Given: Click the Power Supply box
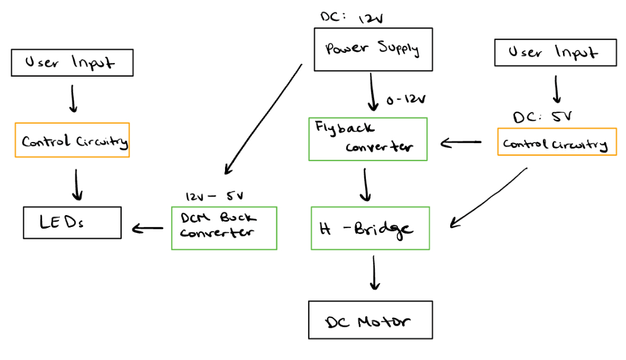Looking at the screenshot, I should point(372,49).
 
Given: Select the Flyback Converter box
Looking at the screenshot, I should point(368,139).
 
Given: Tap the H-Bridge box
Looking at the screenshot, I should point(370,228).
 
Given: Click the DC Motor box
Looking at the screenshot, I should point(370,320).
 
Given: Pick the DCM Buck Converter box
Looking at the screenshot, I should point(224,228).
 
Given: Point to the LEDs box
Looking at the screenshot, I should point(72,223).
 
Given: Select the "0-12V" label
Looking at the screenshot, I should point(406,100).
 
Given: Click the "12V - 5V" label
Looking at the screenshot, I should point(214,196).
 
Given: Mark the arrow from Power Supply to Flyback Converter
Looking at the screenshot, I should point(372,92).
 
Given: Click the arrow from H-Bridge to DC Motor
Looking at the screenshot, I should point(374,273).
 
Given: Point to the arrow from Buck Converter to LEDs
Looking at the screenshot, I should point(147,228).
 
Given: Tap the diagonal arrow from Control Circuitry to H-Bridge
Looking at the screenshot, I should point(489,197).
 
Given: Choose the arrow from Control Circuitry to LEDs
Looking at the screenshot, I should point(77,185).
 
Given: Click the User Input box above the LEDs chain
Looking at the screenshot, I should point(72,62).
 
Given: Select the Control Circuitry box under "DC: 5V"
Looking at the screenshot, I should point(556,143).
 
